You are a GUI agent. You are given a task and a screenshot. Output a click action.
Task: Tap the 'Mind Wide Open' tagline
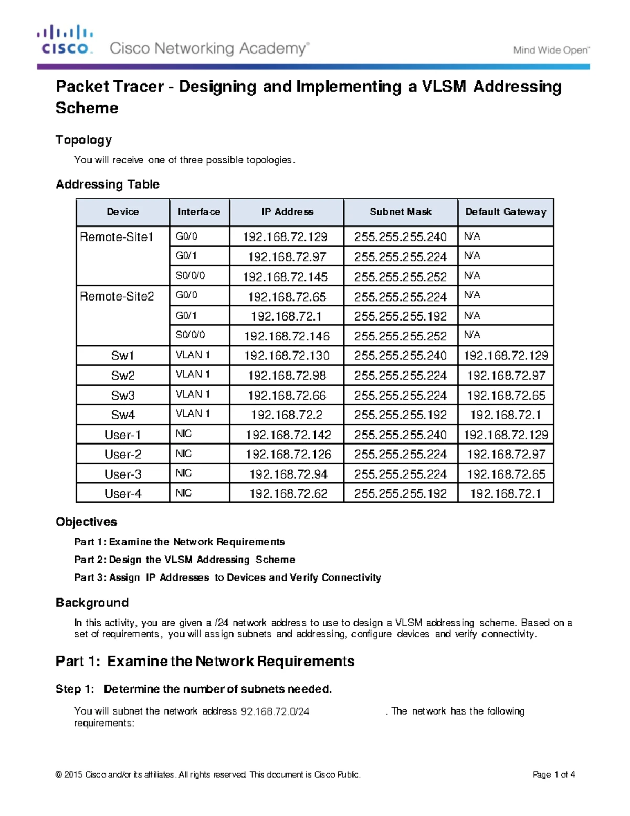[551, 50]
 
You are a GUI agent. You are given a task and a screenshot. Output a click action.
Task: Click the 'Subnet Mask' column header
[400, 212]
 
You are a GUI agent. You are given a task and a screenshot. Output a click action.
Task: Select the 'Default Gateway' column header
[506, 212]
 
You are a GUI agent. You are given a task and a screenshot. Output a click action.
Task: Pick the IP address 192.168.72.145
[285, 276]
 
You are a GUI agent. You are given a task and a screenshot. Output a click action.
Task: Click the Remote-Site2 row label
[117, 296]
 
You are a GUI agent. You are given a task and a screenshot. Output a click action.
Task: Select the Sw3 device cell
[122, 395]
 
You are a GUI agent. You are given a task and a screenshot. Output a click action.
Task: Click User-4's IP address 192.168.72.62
[288, 493]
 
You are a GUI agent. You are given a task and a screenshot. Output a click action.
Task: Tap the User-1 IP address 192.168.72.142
[288, 435]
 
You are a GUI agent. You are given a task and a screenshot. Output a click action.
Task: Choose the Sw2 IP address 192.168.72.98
[287, 376]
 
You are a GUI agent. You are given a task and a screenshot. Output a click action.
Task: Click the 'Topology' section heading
[84, 140]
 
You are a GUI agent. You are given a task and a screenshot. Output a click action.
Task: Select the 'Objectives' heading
[86, 522]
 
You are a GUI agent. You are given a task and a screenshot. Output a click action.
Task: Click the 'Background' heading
[92, 603]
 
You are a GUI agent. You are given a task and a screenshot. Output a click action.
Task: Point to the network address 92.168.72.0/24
[275, 711]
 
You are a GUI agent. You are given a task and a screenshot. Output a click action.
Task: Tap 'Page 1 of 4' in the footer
[553, 774]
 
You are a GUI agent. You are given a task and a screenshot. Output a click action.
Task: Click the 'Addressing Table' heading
[108, 184]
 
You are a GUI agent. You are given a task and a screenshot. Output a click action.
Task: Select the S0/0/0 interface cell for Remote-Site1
[190, 275]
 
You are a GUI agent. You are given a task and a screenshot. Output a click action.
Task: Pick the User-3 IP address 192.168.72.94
[288, 474]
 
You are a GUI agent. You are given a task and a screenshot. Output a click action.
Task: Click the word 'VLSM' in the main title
[444, 87]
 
